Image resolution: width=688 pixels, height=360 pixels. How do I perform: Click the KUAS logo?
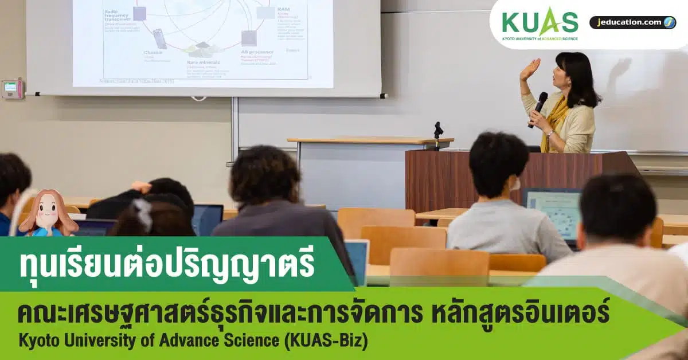[540, 24]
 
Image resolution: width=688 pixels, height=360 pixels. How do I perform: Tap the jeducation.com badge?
[632, 22]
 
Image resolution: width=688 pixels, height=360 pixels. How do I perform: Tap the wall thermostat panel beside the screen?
[12, 88]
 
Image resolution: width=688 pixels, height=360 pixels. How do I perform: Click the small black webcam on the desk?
[439, 130]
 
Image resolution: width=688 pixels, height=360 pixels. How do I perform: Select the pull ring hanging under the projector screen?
[198, 98]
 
